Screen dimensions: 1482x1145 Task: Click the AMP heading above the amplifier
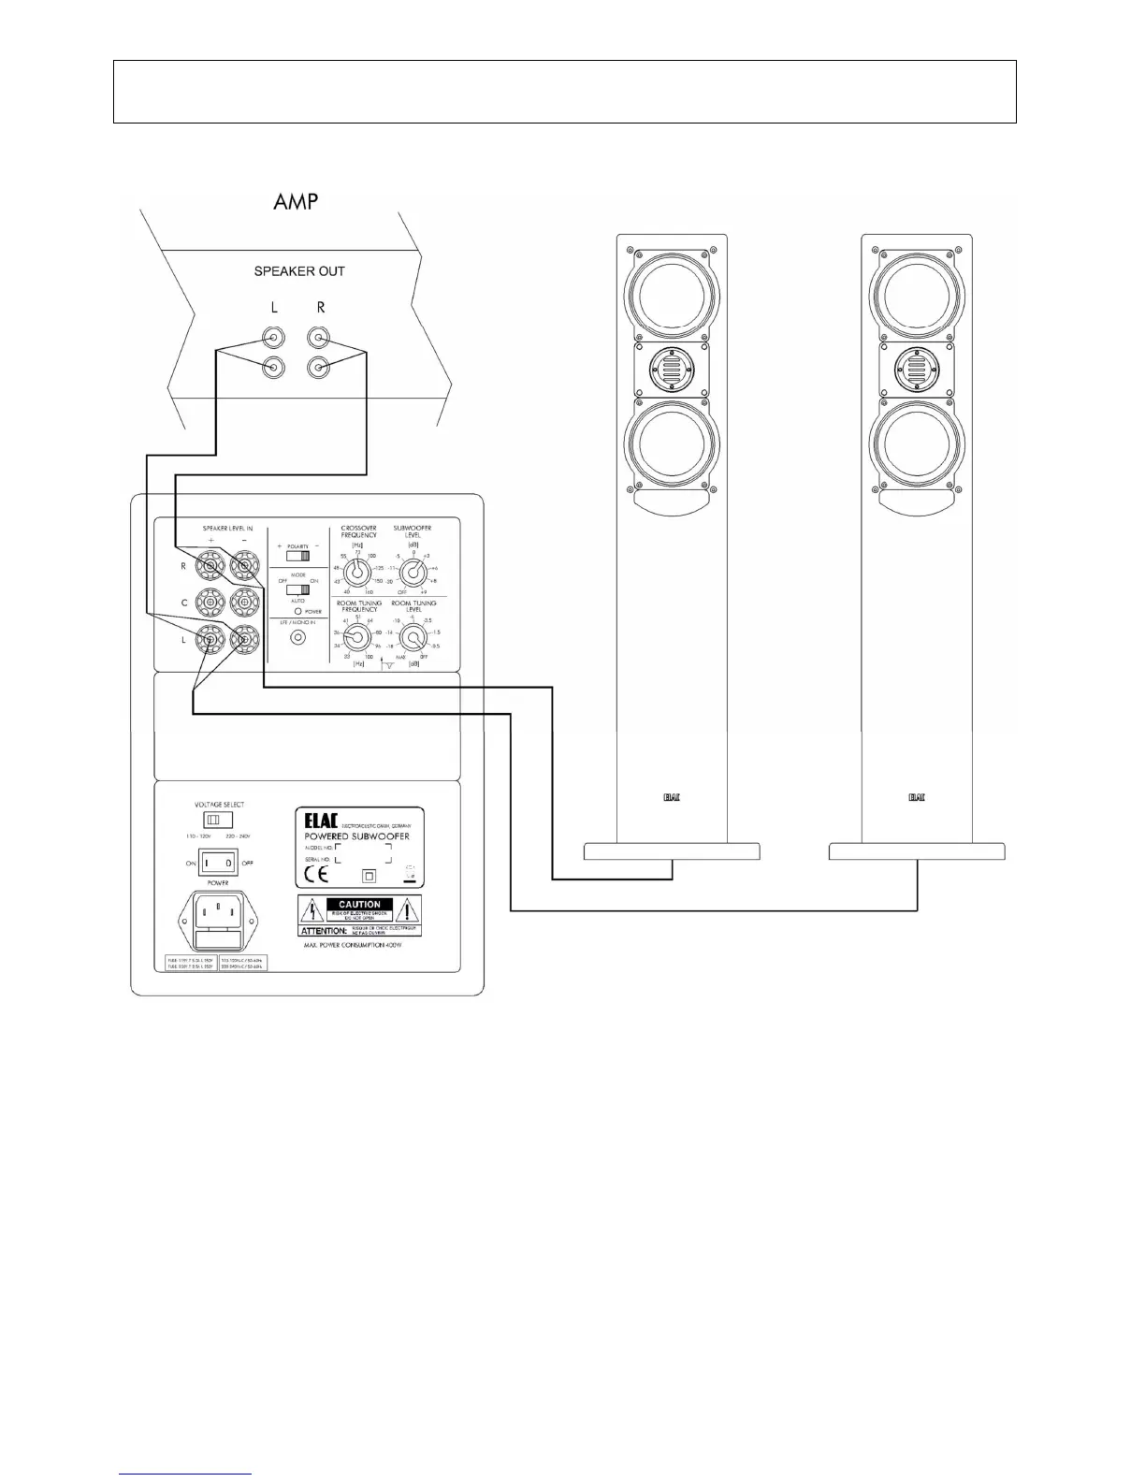coord(294,201)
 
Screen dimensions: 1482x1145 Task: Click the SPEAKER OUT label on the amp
coord(299,271)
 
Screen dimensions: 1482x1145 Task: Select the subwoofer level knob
coord(409,572)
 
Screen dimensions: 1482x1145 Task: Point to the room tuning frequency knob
coord(355,638)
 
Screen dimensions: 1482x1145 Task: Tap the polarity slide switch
coord(298,554)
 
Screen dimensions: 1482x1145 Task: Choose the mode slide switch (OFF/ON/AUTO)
coord(298,591)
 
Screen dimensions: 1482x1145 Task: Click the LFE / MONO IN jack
coord(298,638)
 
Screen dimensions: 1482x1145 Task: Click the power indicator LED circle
coord(297,611)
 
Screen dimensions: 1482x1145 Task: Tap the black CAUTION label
coord(359,905)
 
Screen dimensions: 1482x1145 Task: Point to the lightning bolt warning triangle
coord(310,910)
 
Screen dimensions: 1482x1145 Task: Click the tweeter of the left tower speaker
coord(672,367)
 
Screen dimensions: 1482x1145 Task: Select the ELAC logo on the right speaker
coord(916,798)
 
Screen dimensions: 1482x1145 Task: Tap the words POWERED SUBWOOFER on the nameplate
coord(357,835)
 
